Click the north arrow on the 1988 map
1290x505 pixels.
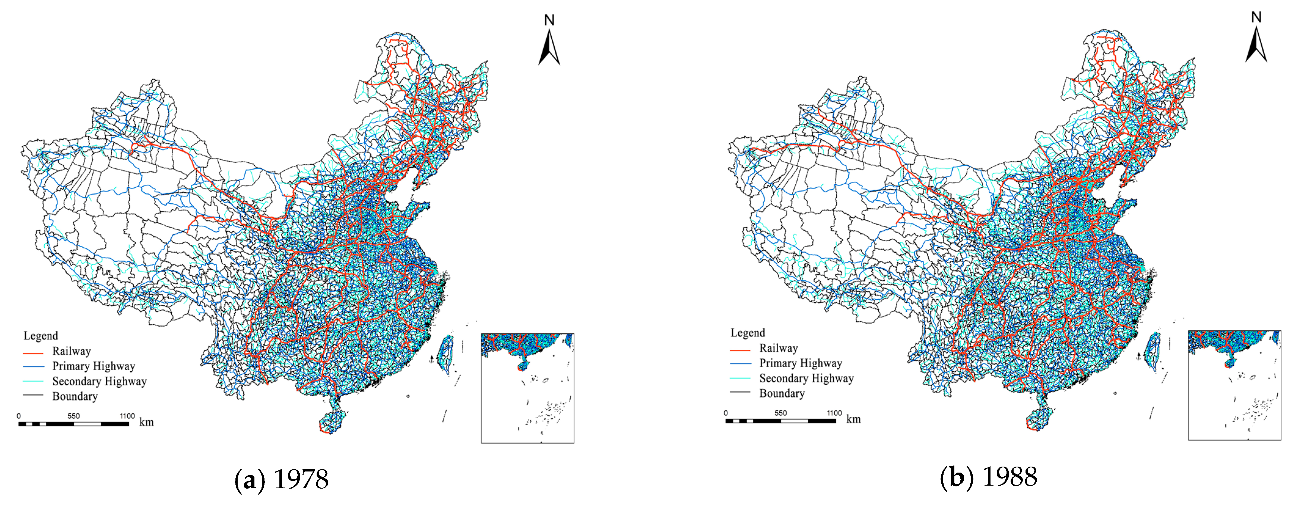pos(1256,45)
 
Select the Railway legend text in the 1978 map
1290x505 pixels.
pos(71,351)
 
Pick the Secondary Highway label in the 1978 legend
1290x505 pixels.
pos(99,381)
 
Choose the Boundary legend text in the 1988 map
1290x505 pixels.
pos(782,393)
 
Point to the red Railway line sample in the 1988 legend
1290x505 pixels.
pos(740,349)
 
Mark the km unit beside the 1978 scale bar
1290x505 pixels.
pos(146,422)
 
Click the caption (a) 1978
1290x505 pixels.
pos(282,479)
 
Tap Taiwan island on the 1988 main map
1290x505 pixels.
pos(1152,351)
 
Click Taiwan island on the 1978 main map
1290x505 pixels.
pos(445,354)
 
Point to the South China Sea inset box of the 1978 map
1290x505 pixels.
pos(527,388)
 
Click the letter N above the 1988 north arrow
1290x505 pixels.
pos(1256,18)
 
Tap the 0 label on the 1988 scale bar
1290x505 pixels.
pos(726,413)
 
